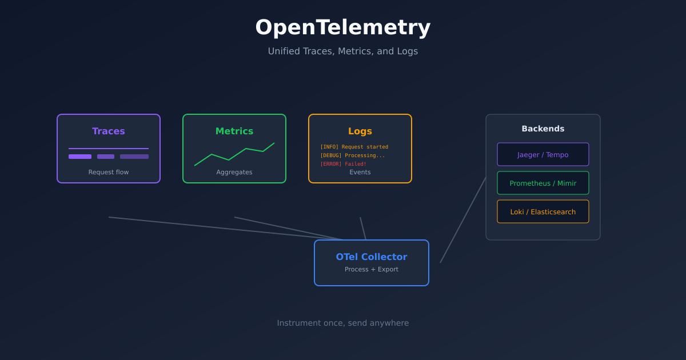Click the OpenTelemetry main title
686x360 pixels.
(343, 27)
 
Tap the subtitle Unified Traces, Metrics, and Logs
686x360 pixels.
(343, 51)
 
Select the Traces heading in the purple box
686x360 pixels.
(109, 131)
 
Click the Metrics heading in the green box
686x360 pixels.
(234, 131)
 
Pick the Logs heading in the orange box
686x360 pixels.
(360, 131)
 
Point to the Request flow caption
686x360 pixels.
(109, 172)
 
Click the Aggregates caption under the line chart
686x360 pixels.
(234, 172)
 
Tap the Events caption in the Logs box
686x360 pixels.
(360, 172)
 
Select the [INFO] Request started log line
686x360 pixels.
(354, 147)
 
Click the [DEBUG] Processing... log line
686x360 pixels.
(352, 155)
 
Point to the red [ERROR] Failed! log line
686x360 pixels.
(343, 164)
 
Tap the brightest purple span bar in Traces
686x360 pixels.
(80, 157)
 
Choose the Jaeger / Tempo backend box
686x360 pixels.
(543, 154)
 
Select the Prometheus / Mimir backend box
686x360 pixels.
(543, 183)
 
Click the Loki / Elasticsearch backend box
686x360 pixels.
(543, 211)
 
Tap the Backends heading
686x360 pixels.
(543, 129)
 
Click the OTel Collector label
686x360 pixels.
(372, 257)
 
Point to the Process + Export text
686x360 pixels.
(372, 269)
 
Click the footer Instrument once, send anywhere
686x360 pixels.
(343, 323)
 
